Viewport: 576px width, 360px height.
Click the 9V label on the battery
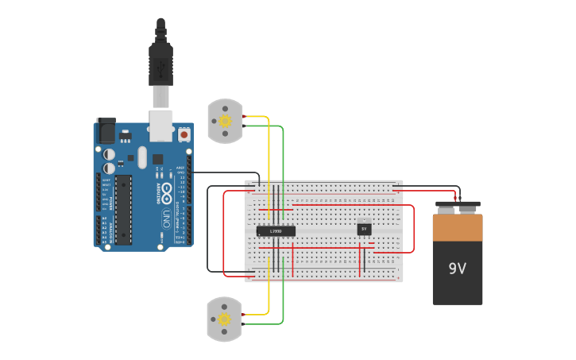tap(457, 269)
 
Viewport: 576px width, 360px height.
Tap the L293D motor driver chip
tap(276, 230)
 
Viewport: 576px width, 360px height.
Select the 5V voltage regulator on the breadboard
tap(364, 229)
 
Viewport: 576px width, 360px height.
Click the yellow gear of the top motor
tap(225, 121)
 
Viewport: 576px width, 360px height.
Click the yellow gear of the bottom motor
tap(225, 319)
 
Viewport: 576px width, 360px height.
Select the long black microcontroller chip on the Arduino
tap(122, 209)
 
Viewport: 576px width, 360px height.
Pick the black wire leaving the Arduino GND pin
tap(226, 172)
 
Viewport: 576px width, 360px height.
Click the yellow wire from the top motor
tap(269, 159)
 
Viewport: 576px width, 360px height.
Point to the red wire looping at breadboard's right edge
tap(413, 230)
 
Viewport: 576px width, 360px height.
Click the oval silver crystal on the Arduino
tap(142, 157)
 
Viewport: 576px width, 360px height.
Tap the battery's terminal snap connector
tap(458, 207)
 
